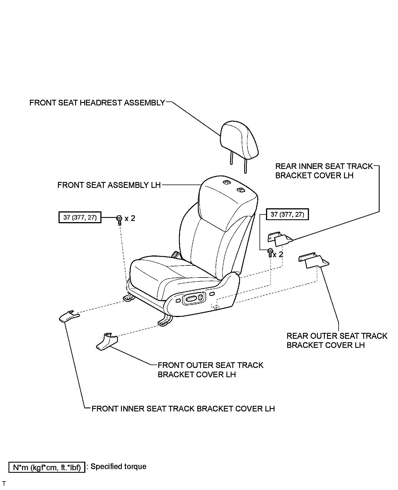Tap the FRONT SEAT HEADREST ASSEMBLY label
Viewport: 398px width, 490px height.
[97, 103]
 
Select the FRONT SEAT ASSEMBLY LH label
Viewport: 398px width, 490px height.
[109, 185]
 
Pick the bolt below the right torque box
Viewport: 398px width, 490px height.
[270, 252]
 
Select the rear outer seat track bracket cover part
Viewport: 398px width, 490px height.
[314, 260]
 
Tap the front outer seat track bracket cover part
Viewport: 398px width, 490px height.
[107, 342]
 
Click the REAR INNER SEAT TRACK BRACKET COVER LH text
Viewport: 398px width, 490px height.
[324, 171]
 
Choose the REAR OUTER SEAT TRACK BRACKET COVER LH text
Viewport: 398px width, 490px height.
[337, 341]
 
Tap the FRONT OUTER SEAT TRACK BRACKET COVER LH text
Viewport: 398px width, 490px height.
[210, 370]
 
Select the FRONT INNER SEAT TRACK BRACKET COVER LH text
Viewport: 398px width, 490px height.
[183, 409]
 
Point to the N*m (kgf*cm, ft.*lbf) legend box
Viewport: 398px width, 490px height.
[47, 467]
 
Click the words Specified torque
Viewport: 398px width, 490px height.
[118, 467]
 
